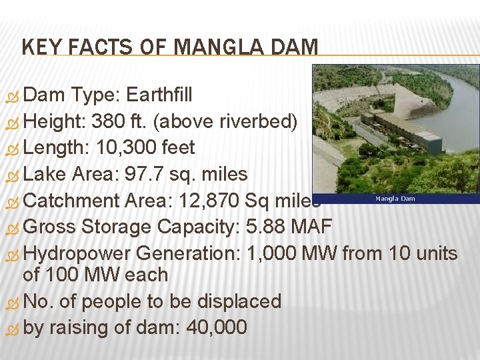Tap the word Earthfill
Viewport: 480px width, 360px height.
[x=159, y=95]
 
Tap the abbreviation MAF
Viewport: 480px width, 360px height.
[x=311, y=227]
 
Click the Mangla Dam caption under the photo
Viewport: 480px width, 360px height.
[x=395, y=198]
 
